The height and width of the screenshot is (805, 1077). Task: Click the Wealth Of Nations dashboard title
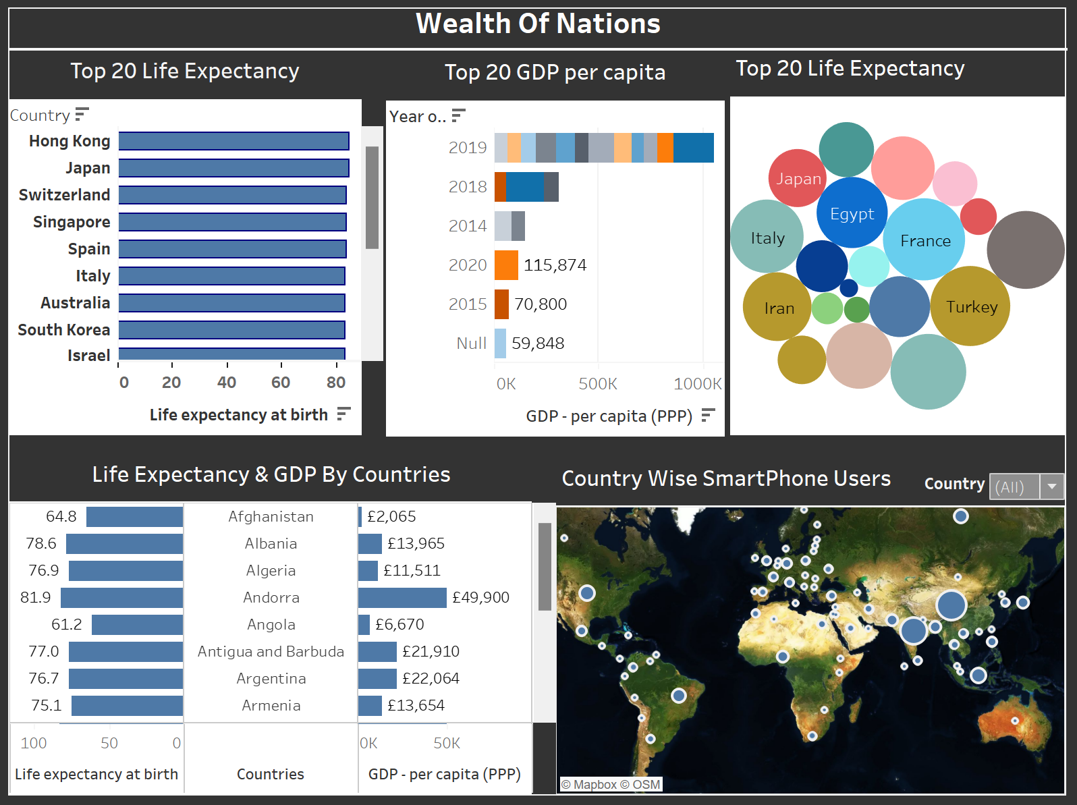point(538,24)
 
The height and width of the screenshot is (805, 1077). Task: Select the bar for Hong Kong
point(233,141)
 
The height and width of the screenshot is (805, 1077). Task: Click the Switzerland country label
point(64,195)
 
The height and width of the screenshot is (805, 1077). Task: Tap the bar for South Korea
point(231,330)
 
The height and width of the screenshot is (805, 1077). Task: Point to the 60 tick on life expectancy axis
point(281,383)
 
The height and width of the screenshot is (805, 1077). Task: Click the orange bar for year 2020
point(506,265)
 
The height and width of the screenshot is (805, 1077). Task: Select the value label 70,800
point(541,304)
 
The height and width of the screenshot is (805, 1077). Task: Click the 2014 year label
point(467,226)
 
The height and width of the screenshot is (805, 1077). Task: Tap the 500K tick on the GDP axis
point(598,384)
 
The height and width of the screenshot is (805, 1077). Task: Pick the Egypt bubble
point(852,213)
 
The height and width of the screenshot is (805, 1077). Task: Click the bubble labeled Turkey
point(970,306)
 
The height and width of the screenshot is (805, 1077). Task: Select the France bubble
point(924,240)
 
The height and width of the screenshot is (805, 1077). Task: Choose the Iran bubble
point(777,307)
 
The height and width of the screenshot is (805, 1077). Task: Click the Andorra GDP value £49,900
point(480,598)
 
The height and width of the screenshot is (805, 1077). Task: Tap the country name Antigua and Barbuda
point(271,652)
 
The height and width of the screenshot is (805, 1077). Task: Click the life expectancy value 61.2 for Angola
point(66,625)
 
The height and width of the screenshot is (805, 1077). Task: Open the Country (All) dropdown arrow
point(1051,487)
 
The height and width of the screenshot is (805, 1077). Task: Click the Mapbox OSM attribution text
point(611,785)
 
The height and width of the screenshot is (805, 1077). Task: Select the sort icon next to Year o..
point(458,116)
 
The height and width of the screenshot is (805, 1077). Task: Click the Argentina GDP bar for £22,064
point(377,679)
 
